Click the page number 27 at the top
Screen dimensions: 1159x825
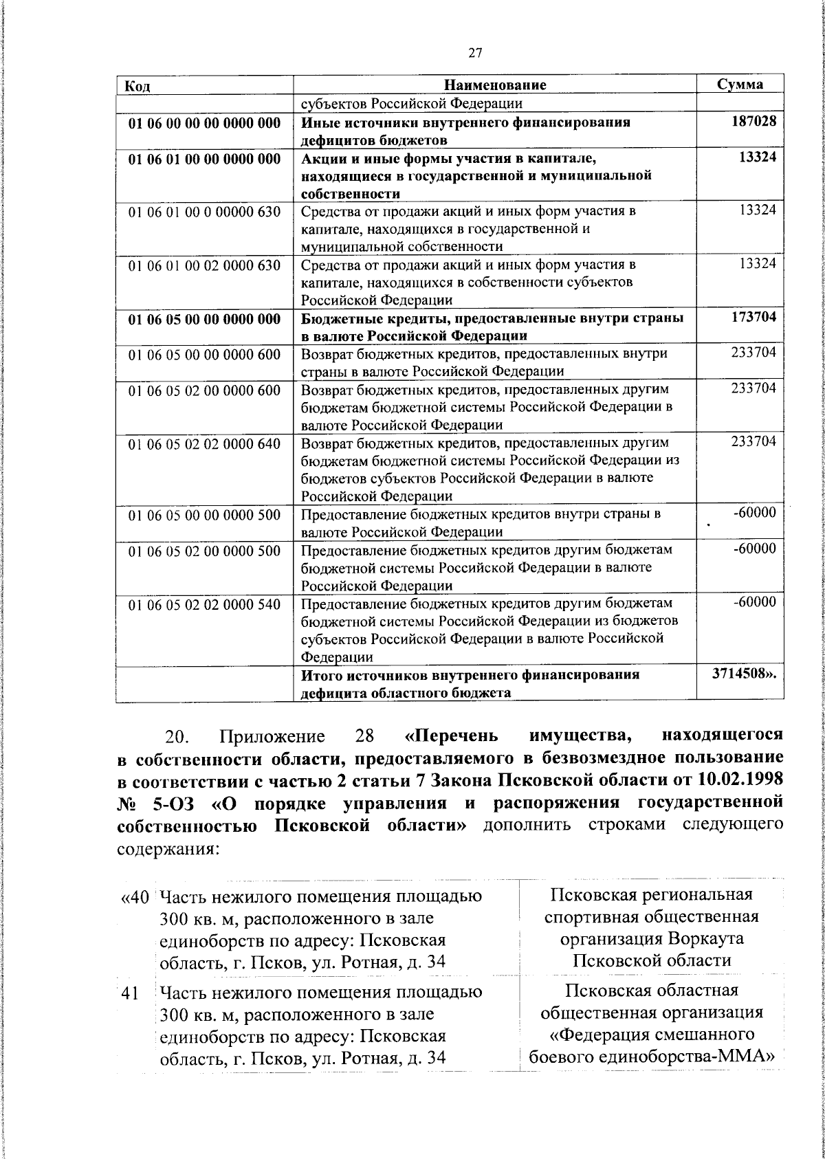475,53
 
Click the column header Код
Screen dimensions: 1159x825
137,85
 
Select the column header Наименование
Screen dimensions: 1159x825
495,85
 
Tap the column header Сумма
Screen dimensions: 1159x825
740,84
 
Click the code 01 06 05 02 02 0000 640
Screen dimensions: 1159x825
205,444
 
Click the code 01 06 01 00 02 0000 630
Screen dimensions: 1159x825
205,265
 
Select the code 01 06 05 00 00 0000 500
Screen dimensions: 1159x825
205,515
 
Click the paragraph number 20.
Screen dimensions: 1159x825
181,737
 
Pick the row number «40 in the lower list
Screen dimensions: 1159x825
134,897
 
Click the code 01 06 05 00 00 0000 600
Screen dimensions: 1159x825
205,355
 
